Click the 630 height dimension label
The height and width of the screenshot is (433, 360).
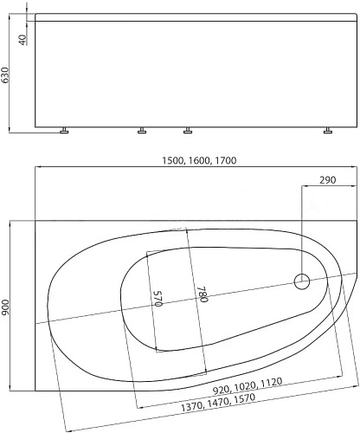5,75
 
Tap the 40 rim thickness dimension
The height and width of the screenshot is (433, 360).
22,40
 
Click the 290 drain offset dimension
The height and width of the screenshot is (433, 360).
328,180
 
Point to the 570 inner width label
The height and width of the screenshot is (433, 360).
158,299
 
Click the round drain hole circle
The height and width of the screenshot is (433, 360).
302,281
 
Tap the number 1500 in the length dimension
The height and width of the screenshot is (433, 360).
173,160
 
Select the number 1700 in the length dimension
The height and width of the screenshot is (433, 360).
225,160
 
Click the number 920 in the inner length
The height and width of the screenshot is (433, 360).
222,390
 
